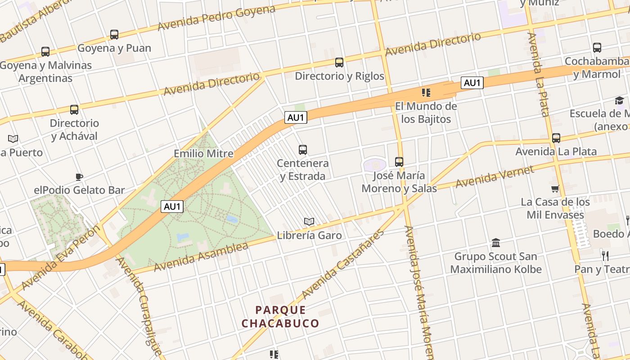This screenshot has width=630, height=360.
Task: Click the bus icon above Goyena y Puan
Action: (114, 34)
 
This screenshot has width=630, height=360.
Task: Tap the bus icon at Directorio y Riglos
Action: (339, 63)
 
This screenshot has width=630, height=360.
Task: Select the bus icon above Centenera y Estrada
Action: (303, 149)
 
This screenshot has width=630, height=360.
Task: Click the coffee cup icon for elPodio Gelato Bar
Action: (79, 177)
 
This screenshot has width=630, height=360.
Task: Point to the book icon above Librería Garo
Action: (309, 221)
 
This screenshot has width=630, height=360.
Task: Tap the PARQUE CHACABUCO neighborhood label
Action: (280, 317)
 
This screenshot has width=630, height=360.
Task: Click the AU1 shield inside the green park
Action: (173, 207)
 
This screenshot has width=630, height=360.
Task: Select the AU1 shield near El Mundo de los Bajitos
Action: (472, 83)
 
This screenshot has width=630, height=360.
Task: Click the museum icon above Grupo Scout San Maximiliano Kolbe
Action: (496, 243)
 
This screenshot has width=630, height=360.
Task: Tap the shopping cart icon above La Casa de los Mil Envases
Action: (555, 189)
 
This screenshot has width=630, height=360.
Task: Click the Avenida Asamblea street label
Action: (201, 257)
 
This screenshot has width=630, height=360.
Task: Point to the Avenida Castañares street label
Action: (344, 264)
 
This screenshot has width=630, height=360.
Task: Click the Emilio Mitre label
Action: (203, 153)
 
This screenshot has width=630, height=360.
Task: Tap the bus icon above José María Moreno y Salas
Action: (399, 162)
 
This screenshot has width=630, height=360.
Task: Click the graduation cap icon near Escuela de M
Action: (620, 100)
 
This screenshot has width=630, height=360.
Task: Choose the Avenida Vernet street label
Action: (495, 177)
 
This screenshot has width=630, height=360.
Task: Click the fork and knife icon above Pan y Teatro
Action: (605, 256)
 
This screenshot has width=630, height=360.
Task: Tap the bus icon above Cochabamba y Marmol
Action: (597, 48)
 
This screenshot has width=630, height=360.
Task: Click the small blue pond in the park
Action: (232, 219)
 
